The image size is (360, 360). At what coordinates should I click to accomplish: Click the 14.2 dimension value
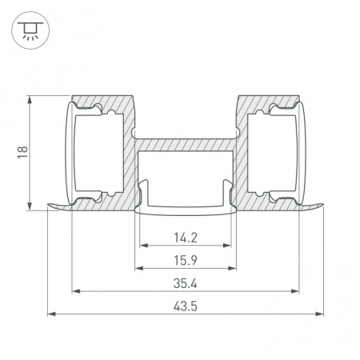[x=186, y=238]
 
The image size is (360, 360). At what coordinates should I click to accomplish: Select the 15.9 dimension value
[x=186, y=260]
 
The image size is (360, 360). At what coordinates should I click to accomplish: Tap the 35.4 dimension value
[x=186, y=283]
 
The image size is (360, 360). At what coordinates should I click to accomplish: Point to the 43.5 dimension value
[x=186, y=306]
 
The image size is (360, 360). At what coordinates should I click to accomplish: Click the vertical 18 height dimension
[x=22, y=152]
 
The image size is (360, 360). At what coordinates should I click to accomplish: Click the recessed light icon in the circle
[x=30, y=30]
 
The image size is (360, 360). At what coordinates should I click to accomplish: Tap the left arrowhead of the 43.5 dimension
[x=52, y=314]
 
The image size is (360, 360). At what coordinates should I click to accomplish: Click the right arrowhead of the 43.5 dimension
[x=319, y=314]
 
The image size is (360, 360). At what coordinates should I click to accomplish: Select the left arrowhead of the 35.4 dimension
[x=76, y=291]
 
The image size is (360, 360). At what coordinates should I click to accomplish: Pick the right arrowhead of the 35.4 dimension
[x=294, y=291]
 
